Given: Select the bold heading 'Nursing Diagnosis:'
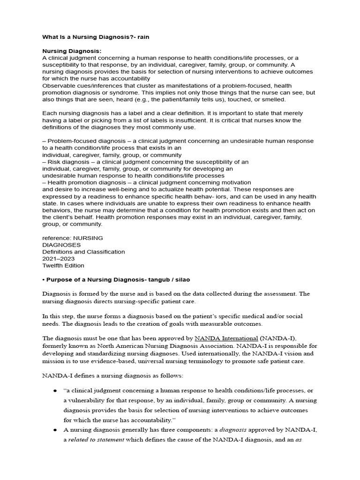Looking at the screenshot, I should click(x=72, y=51).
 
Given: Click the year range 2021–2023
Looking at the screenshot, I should click(x=58, y=259).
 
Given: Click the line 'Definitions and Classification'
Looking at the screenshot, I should click(x=83, y=252).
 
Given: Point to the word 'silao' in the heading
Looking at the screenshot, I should click(x=181, y=279).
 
